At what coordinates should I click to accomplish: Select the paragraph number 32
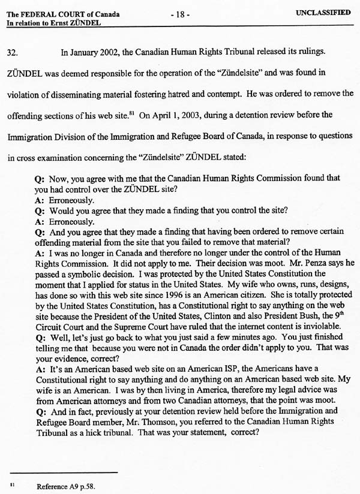tap(13, 52)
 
